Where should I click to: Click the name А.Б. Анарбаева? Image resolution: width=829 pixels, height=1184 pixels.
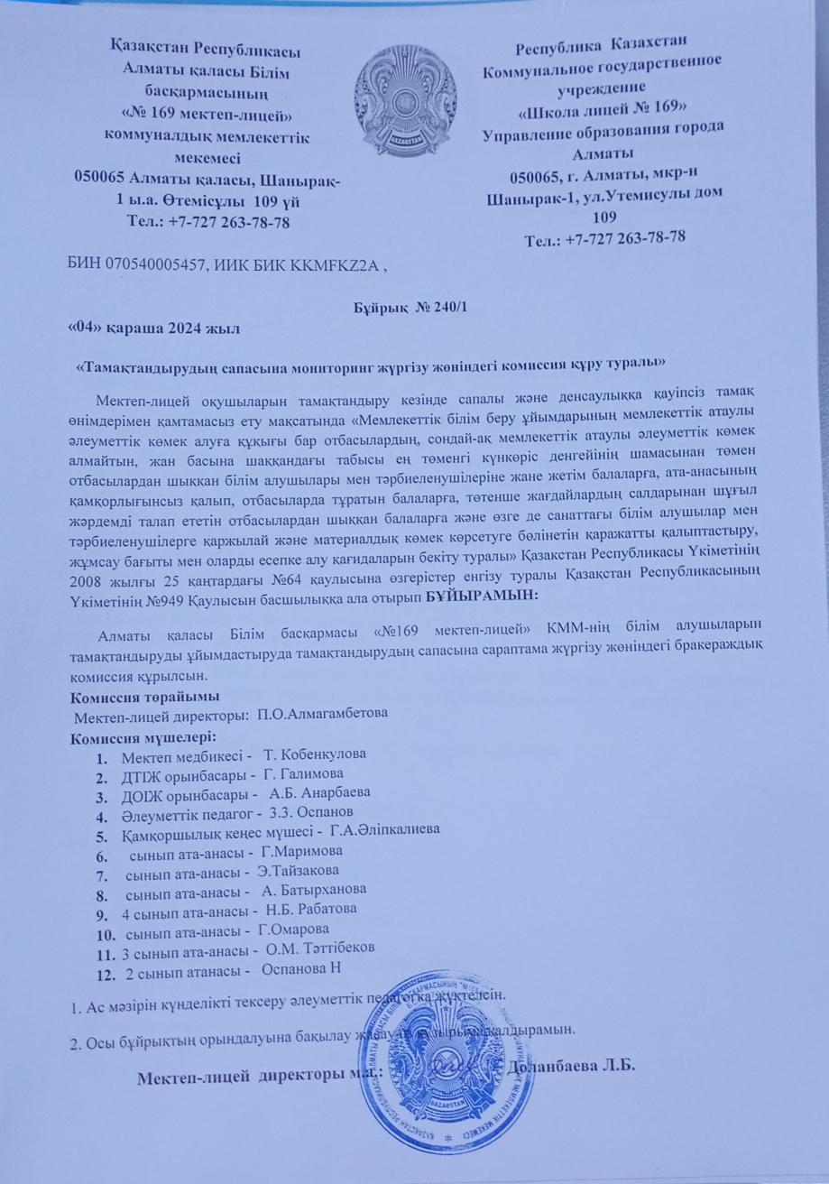pos(319,793)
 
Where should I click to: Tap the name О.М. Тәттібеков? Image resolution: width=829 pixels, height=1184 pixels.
pos(320,948)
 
